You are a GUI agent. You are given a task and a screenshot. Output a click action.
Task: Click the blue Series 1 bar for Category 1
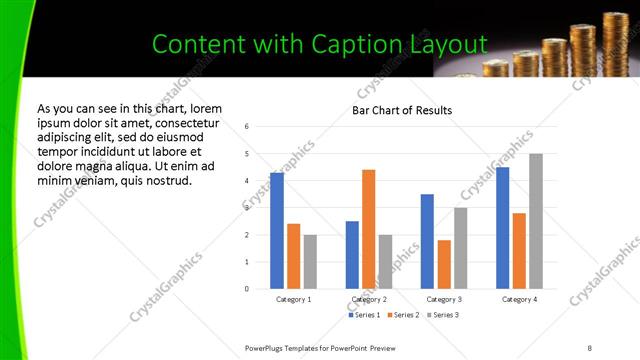(277, 231)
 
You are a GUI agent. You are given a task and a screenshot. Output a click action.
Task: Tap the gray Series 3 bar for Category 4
(536, 221)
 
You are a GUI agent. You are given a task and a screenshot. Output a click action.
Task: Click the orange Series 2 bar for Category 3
(444, 264)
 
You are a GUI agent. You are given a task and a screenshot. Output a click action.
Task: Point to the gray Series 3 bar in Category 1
(310, 262)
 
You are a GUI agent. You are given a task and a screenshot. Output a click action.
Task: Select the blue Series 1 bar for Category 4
(502, 228)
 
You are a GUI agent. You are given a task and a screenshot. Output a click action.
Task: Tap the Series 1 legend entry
(363, 315)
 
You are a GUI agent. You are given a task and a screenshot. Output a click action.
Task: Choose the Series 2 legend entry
(403, 315)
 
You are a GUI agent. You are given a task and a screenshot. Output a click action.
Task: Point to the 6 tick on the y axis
(247, 127)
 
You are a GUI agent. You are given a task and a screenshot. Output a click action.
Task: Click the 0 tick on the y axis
(247, 289)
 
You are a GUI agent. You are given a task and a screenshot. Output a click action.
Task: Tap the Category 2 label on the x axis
(369, 299)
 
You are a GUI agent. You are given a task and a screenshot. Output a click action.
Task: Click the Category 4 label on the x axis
(518, 299)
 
